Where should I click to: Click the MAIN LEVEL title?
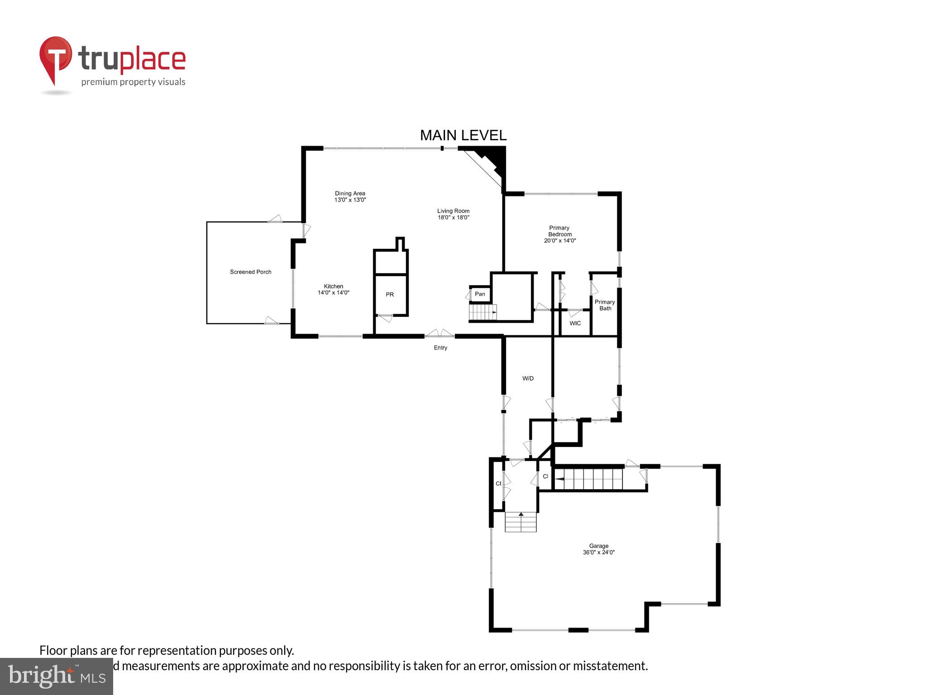[463, 135]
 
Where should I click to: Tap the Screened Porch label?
[250, 272]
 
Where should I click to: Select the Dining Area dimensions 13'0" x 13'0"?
[350, 200]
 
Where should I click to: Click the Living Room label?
[453, 211]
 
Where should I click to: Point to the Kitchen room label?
[333, 286]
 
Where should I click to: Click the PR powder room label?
[390, 295]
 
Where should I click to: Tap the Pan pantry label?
[480, 294]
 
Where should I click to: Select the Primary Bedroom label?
[559, 231]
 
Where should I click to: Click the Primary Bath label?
[605, 305]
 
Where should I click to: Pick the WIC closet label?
[575, 324]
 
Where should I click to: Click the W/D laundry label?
[528, 378]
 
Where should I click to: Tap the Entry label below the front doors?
[440, 348]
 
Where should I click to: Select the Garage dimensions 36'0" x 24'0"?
[599, 552]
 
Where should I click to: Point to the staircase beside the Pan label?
[483, 312]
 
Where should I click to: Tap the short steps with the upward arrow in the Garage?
[521, 522]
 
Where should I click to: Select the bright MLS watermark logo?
[57, 676]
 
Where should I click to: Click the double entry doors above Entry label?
[440, 334]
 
